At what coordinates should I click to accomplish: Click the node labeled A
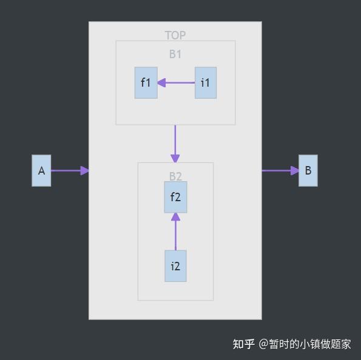pos(41,170)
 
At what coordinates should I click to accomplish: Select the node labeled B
pos(308,170)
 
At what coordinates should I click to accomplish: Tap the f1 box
pos(146,82)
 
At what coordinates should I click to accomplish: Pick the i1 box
pos(206,82)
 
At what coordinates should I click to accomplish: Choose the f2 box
pos(175,197)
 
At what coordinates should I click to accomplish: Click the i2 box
pos(175,266)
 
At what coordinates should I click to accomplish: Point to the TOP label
pos(175,36)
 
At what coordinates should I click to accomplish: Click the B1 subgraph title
pos(175,54)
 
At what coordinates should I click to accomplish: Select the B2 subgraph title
pos(175,176)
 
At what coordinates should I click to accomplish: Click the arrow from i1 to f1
pos(179,82)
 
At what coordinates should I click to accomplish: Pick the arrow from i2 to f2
pos(175,233)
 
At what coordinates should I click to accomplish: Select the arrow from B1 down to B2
pos(175,142)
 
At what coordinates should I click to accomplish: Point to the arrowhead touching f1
pos(162,82)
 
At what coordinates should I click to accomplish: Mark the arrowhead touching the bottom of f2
pos(175,217)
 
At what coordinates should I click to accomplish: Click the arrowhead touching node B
pos(295,171)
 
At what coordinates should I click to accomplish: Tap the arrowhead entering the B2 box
pos(175,159)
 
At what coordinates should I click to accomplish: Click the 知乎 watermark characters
pos(244,344)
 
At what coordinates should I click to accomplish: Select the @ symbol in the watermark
pos(263,344)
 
